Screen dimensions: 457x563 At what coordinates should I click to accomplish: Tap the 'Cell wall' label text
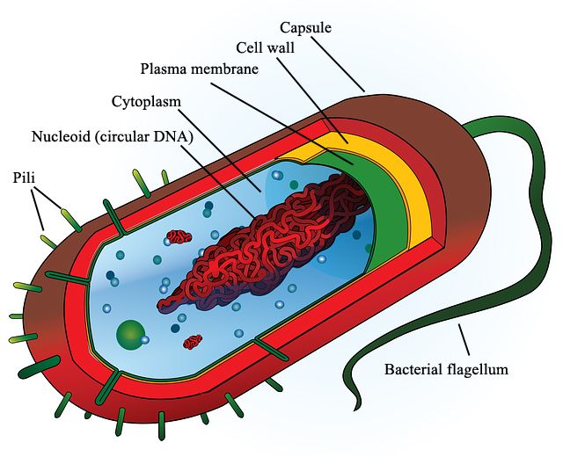click(267, 47)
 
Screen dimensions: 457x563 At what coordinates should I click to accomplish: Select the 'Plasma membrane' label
click(200, 69)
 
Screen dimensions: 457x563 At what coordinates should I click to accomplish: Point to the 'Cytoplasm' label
click(147, 101)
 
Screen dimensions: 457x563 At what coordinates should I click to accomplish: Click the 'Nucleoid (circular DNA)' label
click(113, 136)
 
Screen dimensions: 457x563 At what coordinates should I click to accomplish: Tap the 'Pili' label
click(24, 178)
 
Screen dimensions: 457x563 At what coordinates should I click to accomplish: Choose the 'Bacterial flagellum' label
click(446, 369)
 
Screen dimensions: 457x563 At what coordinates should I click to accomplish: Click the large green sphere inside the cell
click(131, 332)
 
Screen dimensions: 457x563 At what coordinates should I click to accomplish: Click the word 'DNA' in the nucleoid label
click(177, 136)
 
